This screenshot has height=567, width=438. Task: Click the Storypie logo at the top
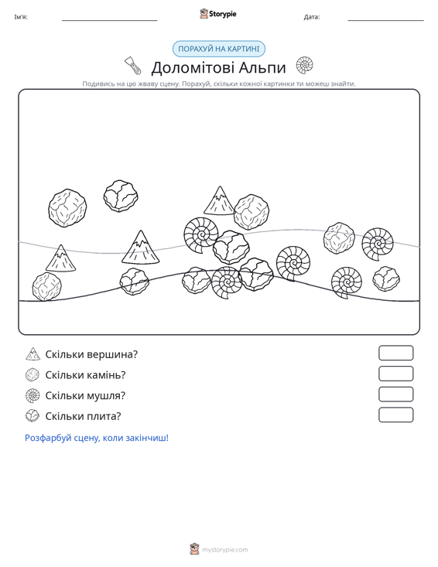[218, 14]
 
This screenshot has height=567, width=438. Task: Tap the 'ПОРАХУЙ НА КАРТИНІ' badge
[219, 49]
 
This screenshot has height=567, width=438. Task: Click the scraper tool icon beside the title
[133, 66]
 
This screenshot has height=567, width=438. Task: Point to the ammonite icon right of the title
[305, 65]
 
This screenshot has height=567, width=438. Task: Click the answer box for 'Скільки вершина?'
[395, 353]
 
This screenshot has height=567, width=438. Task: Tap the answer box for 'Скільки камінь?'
[395, 374]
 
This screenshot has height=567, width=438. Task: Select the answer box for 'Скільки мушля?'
[395, 395]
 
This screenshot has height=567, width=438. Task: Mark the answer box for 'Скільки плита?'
[395, 415]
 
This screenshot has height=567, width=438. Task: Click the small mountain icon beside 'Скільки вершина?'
[33, 354]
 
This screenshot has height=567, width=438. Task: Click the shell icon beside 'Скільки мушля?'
[33, 395]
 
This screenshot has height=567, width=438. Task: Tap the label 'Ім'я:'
[21, 17]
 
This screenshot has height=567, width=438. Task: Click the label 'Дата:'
[312, 17]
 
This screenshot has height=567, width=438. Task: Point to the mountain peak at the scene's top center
[220, 200]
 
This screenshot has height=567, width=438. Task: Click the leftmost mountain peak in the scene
[61, 258]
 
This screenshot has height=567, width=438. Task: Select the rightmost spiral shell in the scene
[378, 244]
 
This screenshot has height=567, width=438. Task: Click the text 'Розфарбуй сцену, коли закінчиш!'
[97, 438]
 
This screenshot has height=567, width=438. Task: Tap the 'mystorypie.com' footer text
[225, 550]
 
